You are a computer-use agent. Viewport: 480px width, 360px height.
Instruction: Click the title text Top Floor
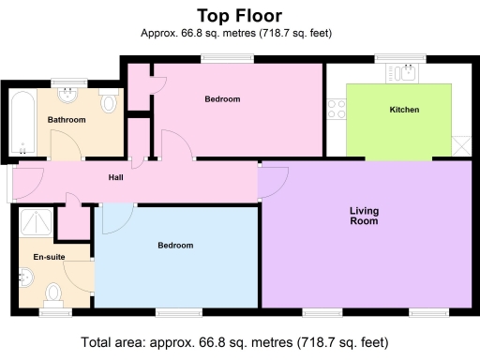(x=239, y=16)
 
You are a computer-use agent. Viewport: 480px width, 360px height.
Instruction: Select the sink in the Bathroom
(x=67, y=95)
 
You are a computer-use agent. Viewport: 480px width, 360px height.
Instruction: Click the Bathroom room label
(x=67, y=120)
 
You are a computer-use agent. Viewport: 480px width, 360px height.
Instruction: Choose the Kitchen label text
(x=404, y=110)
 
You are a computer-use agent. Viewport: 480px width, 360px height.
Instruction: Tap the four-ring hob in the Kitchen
(x=336, y=108)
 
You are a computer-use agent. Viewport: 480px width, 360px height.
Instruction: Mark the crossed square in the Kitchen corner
(x=461, y=146)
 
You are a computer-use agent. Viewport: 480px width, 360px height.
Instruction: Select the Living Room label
(x=364, y=216)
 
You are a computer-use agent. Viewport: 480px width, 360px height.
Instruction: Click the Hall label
(x=116, y=175)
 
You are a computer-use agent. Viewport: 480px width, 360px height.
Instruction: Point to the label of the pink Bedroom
(x=222, y=98)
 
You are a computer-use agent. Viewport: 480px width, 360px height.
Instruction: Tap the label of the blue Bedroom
(x=175, y=246)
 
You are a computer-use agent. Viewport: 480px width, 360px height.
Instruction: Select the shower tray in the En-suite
(x=37, y=222)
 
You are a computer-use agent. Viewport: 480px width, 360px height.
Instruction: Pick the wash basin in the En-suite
(x=26, y=277)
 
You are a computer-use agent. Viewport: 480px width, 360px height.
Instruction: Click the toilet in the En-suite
(x=54, y=293)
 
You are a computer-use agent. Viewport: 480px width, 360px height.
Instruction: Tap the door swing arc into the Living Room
(x=274, y=181)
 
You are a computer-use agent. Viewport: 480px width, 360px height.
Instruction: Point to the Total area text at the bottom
(x=239, y=341)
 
